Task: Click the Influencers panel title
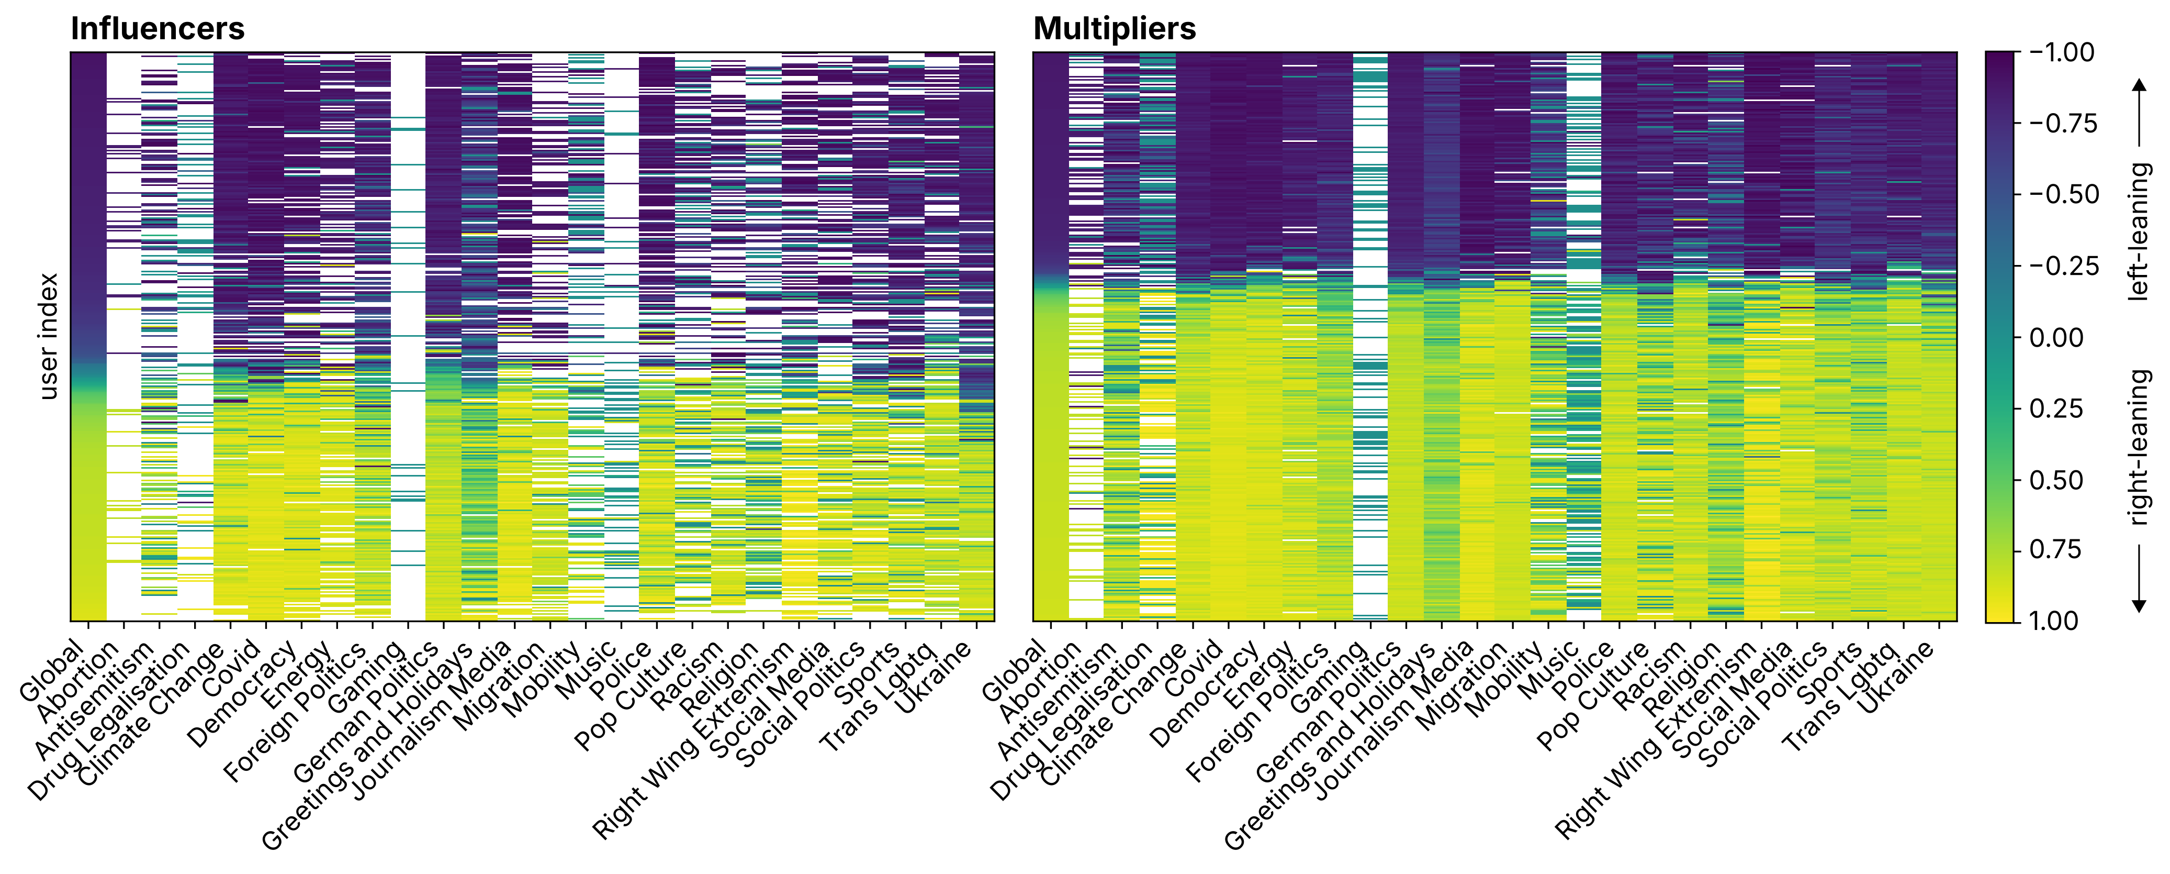[x=158, y=29]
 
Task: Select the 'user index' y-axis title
[x=49, y=336]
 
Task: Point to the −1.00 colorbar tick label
[x=2061, y=52]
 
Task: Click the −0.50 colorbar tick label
[x=2061, y=195]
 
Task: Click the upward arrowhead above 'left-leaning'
[x=2139, y=84]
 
